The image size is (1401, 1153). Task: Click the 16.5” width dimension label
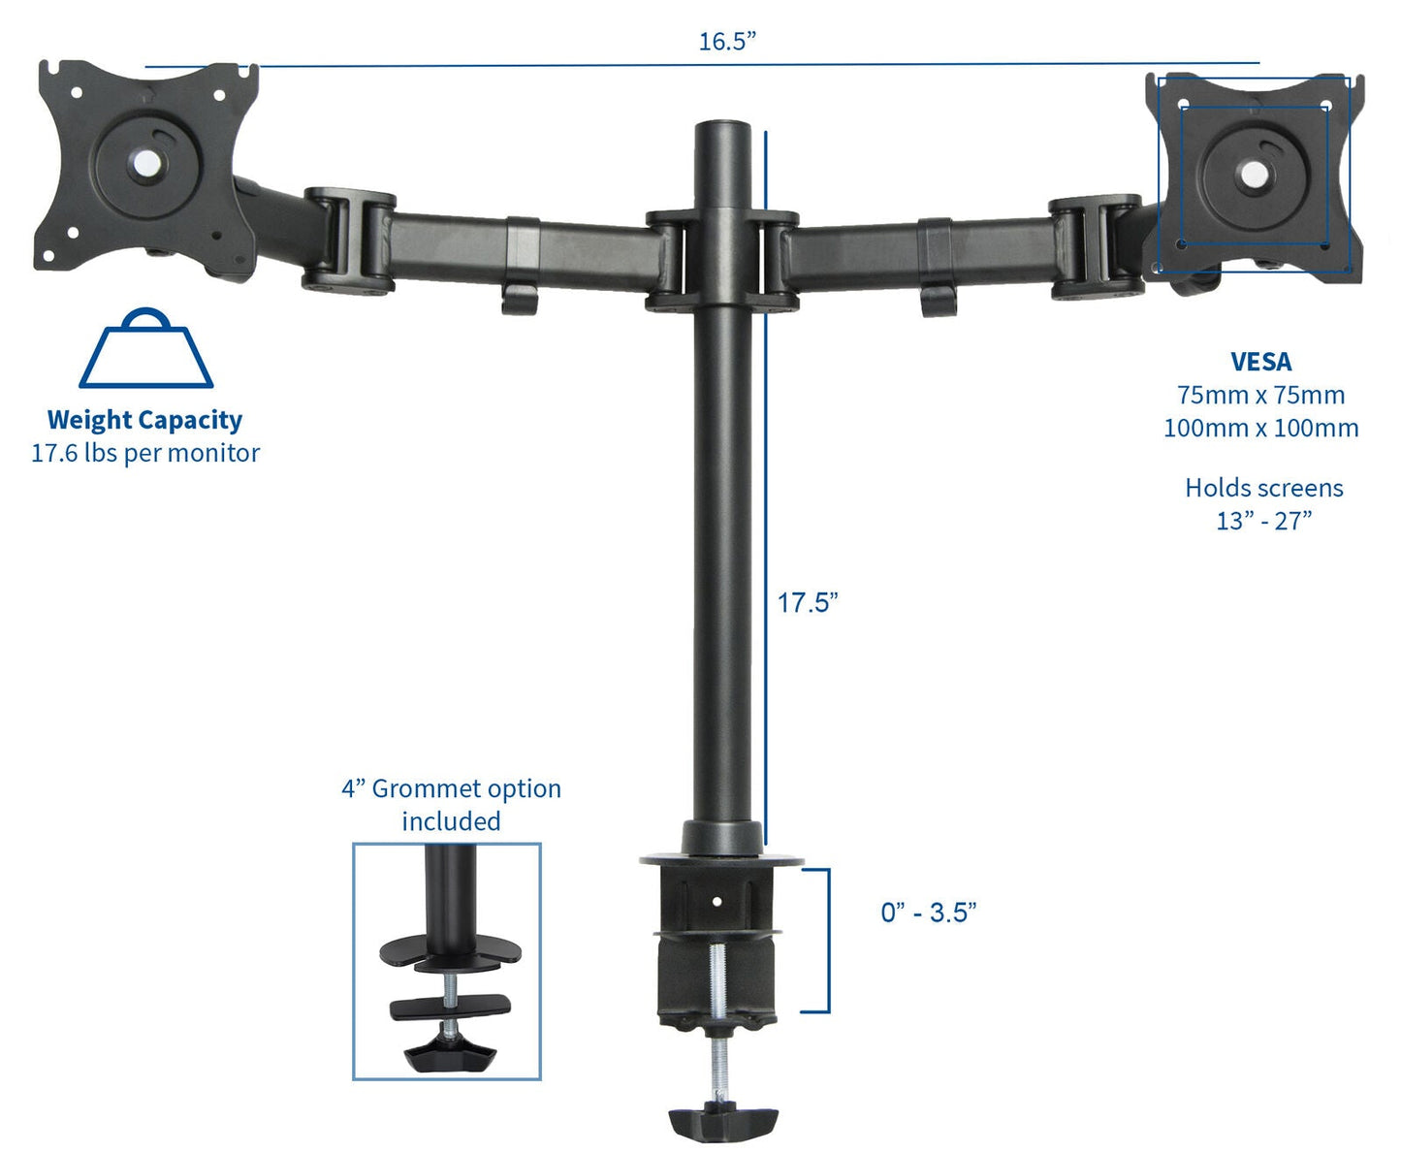point(727,42)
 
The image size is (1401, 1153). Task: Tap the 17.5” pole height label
point(807,602)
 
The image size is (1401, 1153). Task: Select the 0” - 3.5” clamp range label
point(928,913)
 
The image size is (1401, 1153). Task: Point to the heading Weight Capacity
point(144,420)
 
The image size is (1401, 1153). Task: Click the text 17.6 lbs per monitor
point(145,453)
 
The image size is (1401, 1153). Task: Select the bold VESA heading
point(1260,362)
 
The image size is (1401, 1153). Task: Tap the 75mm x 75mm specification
point(1260,395)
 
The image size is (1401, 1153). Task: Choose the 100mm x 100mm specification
point(1260,428)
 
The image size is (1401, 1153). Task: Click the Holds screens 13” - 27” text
point(1263,504)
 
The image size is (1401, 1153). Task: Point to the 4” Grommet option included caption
point(451,805)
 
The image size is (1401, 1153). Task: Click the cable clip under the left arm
point(520,298)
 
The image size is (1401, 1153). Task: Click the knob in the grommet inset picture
point(447,1053)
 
